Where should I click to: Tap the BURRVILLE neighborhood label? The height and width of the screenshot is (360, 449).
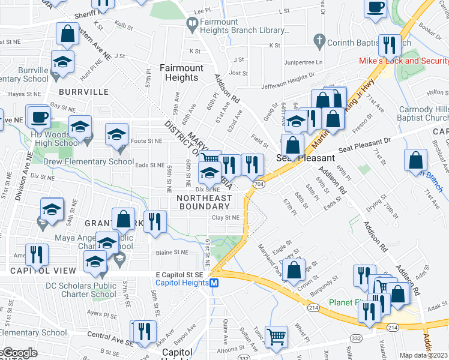pyautogui.click(x=84, y=92)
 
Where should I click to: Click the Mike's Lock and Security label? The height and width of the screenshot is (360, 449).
pyautogui.click(x=403, y=61)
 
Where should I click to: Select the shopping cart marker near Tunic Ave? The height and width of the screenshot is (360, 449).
pyautogui.click(x=276, y=336)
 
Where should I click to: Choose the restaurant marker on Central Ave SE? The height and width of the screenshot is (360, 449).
pyautogui.click(x=144, y=332)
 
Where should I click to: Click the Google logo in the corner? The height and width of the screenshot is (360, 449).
pyautogui.click(x=19, y=353)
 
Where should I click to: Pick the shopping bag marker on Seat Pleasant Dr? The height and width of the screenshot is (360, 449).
pyautogui.click(x=415, y=161)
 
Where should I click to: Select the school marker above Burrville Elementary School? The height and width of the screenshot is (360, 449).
pyautogui.click(x=61, y=62)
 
